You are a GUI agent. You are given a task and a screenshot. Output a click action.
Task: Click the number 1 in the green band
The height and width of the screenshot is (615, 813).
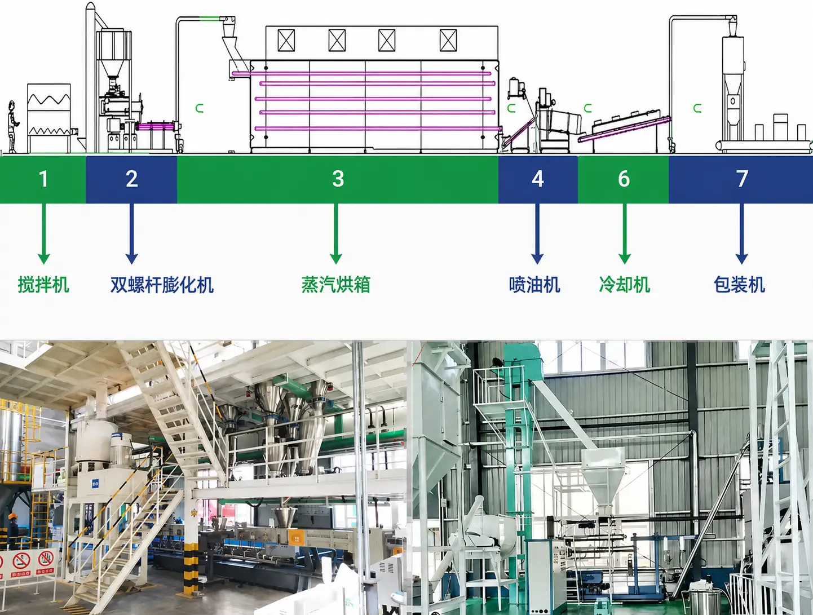click(43, 179)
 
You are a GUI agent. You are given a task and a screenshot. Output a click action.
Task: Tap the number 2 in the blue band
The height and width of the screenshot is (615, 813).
click(132, 179)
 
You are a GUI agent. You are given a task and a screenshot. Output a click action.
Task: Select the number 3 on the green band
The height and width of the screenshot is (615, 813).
click(338, 179)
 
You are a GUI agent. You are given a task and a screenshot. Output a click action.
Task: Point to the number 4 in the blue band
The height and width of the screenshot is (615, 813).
click(537, 179)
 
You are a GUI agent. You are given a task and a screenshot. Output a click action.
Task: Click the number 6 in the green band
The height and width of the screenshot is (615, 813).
click(624, 179)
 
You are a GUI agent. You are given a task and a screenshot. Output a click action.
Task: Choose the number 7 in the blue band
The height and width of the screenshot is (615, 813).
click(741, 179)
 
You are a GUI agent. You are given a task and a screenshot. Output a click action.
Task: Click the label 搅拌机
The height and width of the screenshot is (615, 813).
click(44, 285)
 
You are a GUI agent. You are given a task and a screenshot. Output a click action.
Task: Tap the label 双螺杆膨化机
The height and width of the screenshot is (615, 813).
click(162, 285)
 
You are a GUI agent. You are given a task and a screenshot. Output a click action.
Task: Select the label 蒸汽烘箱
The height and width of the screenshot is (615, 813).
click(336, 285)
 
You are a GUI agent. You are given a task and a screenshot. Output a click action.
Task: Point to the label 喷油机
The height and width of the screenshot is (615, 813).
click(534, 285)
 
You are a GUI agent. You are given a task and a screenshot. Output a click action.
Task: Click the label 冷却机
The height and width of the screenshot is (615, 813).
click(625, 285)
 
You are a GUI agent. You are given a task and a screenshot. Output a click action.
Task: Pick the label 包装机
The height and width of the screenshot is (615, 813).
click(739, 285)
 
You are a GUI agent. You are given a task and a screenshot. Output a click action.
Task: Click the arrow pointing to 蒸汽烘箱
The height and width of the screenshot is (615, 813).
click(336, 233)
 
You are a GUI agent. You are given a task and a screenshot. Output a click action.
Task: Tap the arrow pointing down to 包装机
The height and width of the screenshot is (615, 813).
click(741, 233)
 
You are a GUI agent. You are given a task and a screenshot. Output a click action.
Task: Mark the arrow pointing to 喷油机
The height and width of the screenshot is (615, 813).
click(537, 233)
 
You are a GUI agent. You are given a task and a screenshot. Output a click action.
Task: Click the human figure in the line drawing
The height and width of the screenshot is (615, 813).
click(12, 126)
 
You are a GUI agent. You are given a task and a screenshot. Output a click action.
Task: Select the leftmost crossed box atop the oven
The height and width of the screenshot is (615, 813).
click(286, 41)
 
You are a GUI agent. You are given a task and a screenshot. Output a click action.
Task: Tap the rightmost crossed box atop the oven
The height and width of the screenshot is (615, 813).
click(448, 41)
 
